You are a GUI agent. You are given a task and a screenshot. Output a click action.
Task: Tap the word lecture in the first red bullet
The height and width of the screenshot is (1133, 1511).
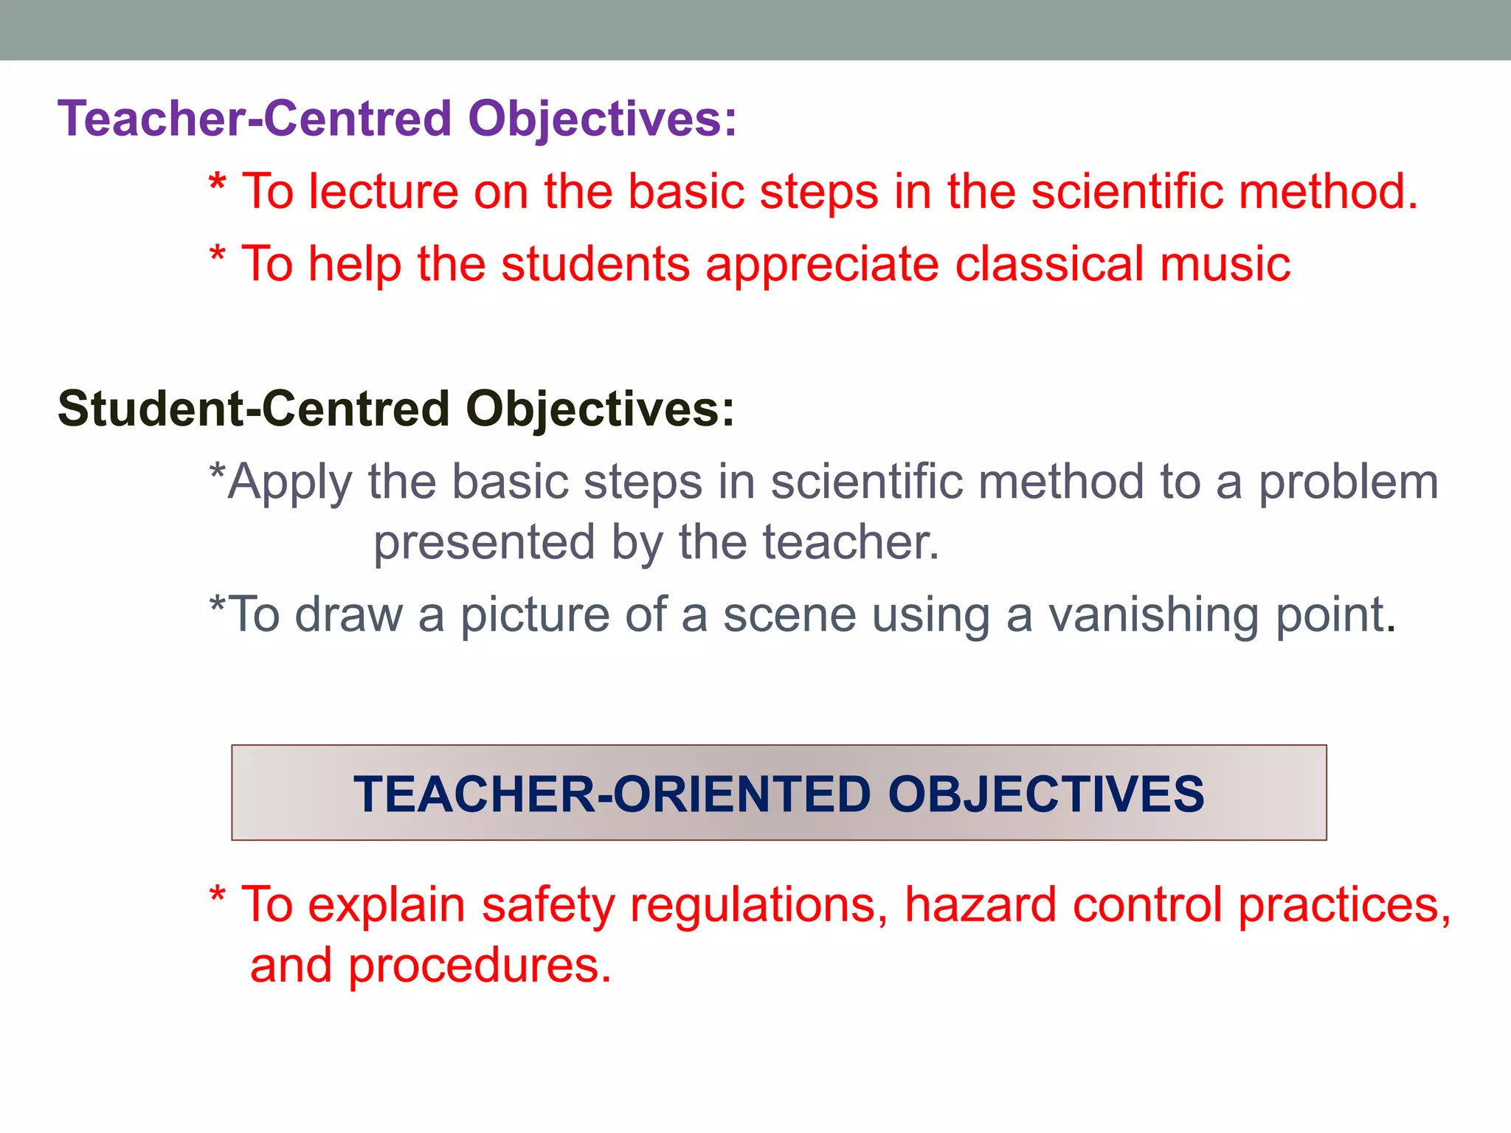click(x=383, y=192)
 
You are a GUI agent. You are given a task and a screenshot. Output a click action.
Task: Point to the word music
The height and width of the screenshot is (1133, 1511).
click(x=1225, y=264)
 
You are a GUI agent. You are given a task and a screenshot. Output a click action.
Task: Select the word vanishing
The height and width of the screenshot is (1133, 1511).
click(x=1153, y=615)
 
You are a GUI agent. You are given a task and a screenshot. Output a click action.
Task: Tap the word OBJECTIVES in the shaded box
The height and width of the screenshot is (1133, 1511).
click(x=1045, y=794)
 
